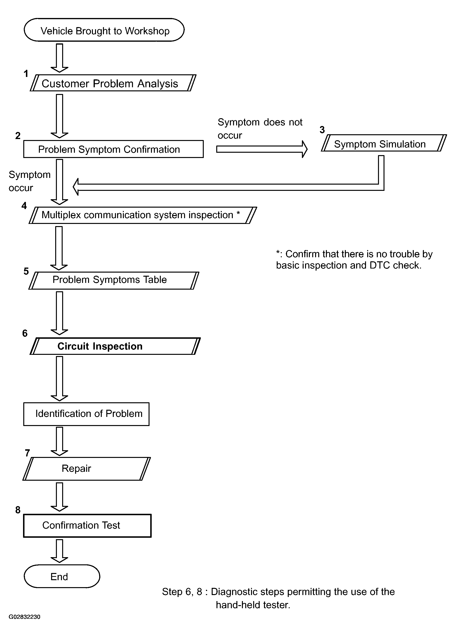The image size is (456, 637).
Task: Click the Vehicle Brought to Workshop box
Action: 104,30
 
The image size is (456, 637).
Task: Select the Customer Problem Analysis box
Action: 113,83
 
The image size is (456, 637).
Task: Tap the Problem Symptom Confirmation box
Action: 114,149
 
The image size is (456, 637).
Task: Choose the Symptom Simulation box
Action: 384,143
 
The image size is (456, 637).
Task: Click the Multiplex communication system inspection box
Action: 143,215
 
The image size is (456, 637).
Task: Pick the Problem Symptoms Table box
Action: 114,281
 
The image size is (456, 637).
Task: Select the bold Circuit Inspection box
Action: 115,346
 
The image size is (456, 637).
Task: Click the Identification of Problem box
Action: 86,414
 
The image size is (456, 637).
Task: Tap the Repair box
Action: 86,469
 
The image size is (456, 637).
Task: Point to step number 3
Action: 322,130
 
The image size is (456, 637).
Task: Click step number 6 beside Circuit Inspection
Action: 25,333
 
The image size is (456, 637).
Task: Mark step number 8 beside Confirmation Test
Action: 18,510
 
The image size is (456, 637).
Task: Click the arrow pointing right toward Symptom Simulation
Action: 262,149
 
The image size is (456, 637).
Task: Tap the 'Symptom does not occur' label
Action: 260,129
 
